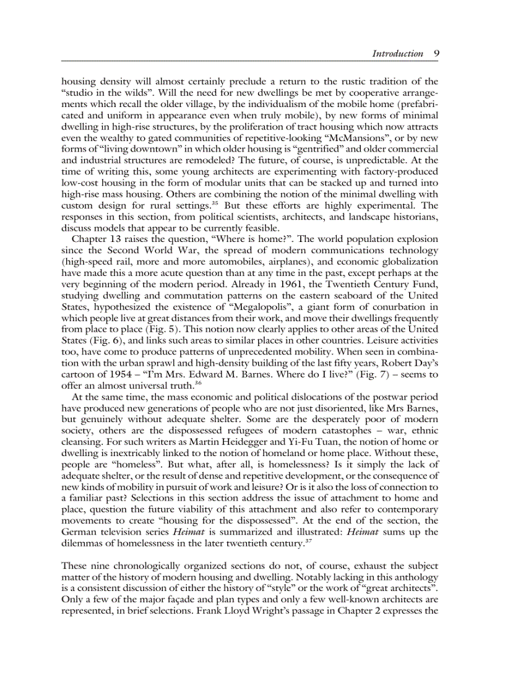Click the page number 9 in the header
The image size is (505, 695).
(x=436, y=53)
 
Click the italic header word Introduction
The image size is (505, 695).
(x=397, y=53)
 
